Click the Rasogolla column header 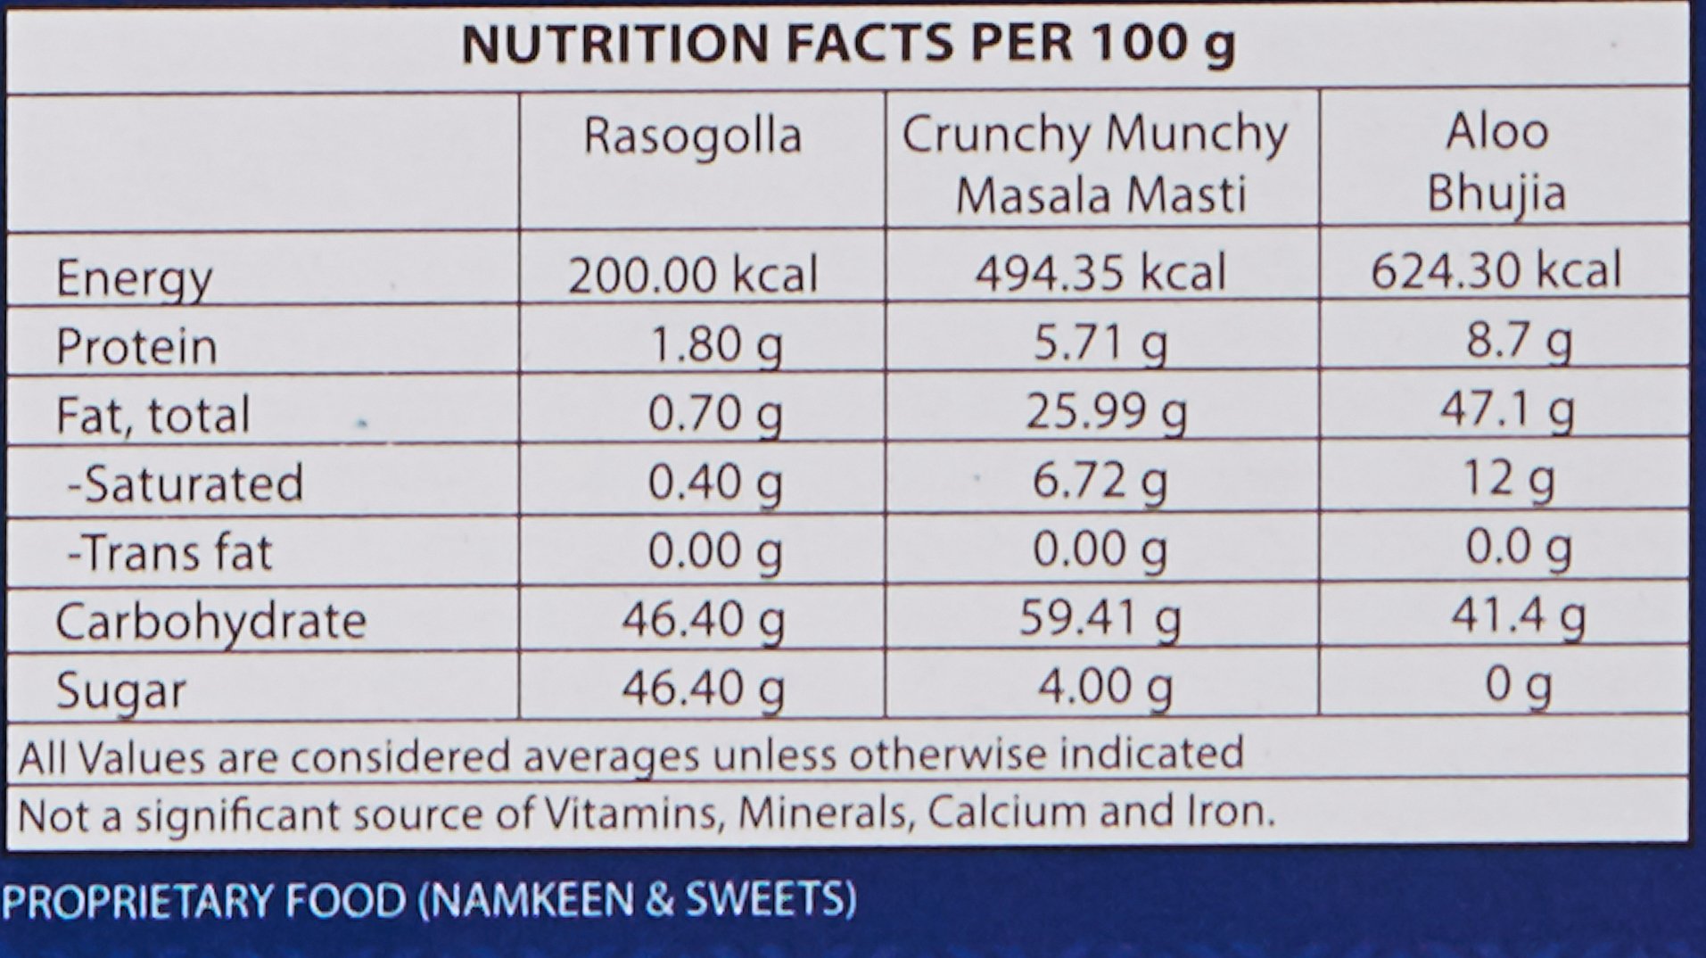click(x=693, y=136)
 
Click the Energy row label click(x=134, y=279)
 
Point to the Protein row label click(x=136, y=347)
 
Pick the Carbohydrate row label click(x=210, y=622)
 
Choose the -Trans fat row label click(x=169, y=553)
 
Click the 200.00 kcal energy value click(x=693, y=275)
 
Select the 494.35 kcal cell click(x=1100, y=273)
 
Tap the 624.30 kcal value click(x=1496, y=270)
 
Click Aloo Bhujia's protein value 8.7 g click(x=1519, y=341)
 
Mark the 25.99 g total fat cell click(x=1106, y=412)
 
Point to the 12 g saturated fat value click(x=1509, y=480)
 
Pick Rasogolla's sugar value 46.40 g click(x=703, y=689)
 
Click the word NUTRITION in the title click(x=614, y=44)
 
